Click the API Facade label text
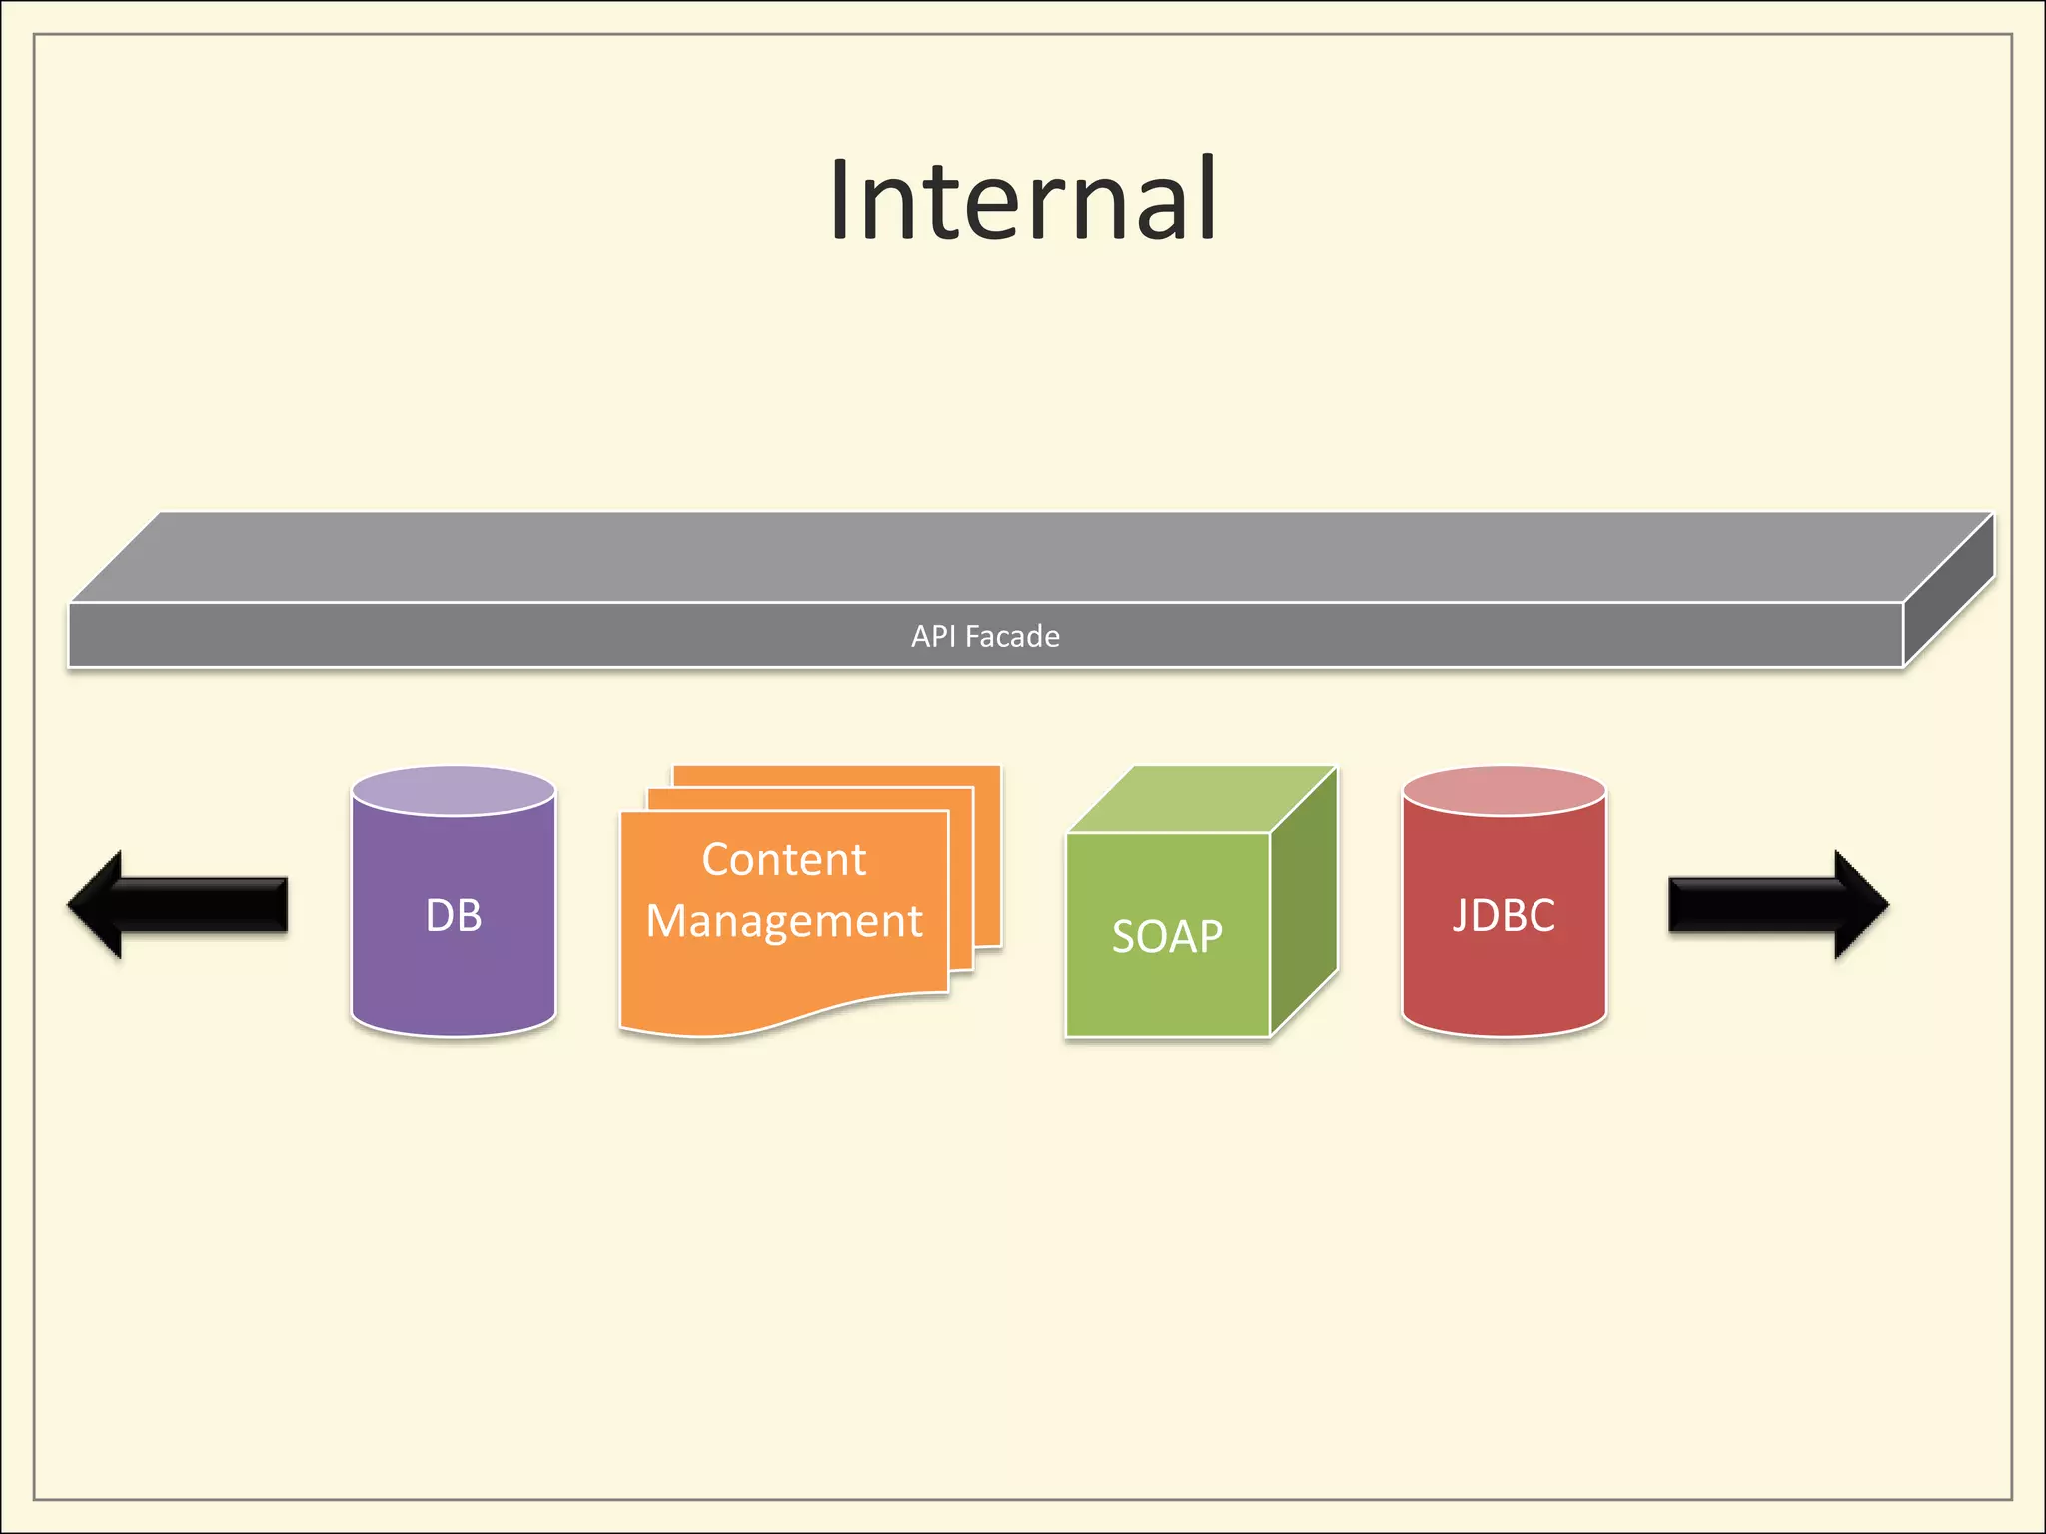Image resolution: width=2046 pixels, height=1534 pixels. (985, 636)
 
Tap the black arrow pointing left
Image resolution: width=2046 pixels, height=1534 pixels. (180, 905)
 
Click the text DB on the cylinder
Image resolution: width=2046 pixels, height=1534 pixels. (454, 915)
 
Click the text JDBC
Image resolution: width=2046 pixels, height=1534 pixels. (1504, 915)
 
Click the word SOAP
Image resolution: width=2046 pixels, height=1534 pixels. (1167, 936)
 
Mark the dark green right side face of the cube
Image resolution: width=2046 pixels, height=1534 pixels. (1304, 899)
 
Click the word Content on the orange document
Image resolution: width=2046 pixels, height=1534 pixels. (784, 859)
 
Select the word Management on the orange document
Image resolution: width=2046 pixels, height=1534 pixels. (784, 920)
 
